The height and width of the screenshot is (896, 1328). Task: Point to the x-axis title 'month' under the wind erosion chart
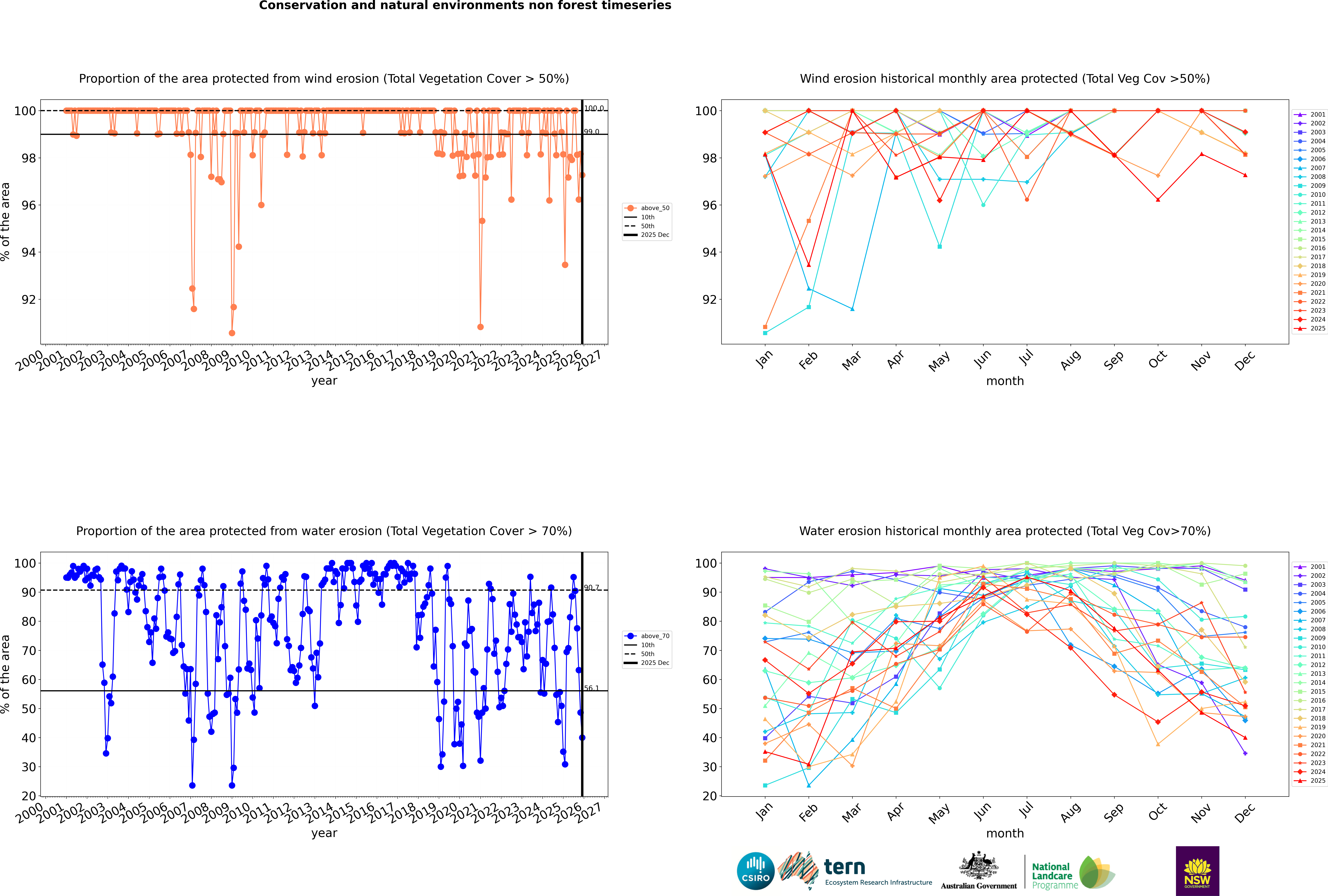tap(1005, 381)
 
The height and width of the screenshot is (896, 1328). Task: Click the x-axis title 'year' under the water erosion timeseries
tap(324, 833)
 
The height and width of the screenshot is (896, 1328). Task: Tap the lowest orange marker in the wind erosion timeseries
tap(232, 333)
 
